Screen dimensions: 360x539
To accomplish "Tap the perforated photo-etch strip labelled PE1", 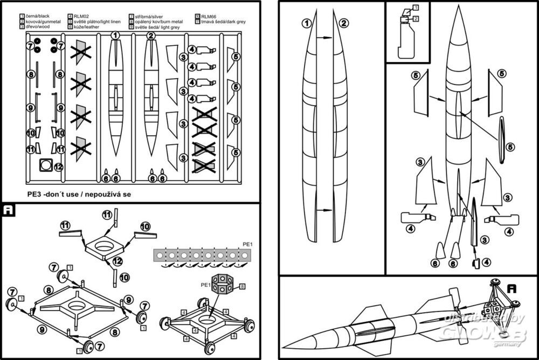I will (x=198, y=255).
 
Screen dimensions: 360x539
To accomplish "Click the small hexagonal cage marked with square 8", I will (x=222, y=284).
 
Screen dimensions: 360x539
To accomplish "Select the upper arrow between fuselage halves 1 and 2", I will (x=324, y=38).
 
